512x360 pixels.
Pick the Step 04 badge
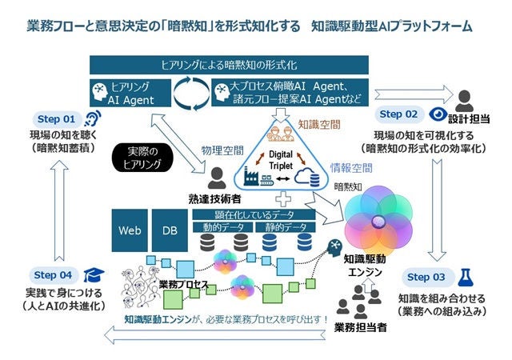click(54, 273)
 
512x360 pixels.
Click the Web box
click(128, 230)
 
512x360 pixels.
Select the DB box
click(170, 230)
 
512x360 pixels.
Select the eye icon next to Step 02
click(437, 114)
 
